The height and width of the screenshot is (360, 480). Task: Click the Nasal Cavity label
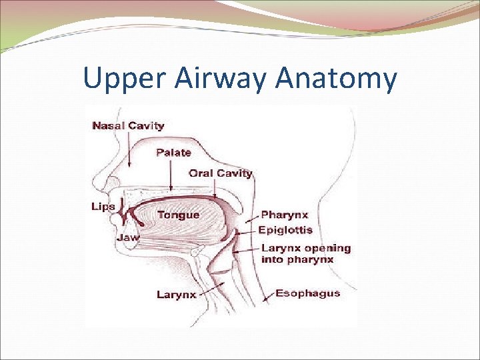129,125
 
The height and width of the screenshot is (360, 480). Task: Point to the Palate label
173,153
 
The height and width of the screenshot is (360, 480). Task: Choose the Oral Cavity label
221,173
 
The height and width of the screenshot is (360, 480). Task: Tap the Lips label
103,207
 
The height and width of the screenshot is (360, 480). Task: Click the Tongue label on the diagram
178,215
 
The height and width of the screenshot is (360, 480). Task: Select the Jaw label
128,237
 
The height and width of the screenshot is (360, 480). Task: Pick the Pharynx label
285,215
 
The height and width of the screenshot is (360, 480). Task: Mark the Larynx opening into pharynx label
306,253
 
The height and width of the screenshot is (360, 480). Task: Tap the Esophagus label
307,293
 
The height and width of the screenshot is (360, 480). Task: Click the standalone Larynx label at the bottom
176,294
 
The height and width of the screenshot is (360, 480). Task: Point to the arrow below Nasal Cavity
129,148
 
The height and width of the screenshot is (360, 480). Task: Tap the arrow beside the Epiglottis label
247,231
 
